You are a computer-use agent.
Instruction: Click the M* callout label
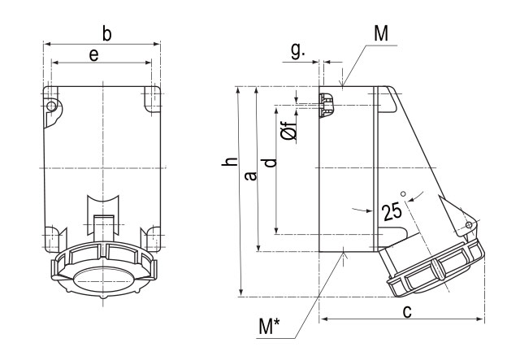[270, 327]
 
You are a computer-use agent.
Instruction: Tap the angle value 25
[392, 212]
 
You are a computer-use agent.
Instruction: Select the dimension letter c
[408, 310]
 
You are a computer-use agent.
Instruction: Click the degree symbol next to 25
[401, 193]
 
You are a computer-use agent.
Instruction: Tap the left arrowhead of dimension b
[45, 44]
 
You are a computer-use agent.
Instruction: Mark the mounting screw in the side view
[327, 105]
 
